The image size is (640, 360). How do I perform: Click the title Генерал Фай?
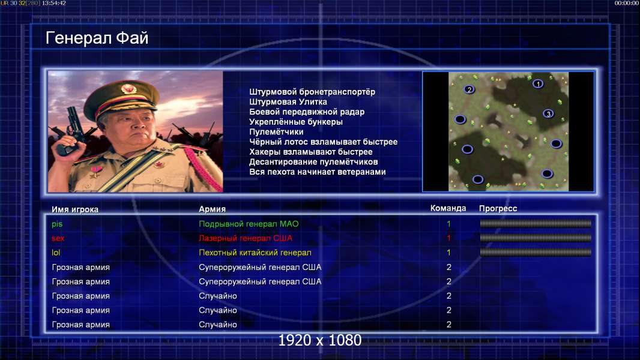click(x=97, y=38)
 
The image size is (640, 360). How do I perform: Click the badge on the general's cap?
click(x=128, y=88)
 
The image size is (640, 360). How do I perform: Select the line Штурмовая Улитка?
click(x=288, y=102)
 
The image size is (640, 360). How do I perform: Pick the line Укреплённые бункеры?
click(x=295, y=122)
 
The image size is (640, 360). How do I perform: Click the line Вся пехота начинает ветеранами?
click(x=317, y=172)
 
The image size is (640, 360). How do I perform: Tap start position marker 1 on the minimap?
click(x=538, y=83)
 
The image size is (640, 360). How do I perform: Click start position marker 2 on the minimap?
click(x=469, y=89)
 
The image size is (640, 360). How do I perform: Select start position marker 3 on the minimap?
click(x=548, y=114)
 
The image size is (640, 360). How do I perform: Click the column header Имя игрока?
click(x=74, y=209)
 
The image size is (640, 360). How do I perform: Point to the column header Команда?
click(x=448, y=208)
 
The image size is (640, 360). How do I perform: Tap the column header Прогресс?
click(x=498, y=208)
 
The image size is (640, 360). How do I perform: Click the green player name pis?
click(x=57, y=224)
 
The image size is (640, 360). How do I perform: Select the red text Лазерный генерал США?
click(x=246, y=238)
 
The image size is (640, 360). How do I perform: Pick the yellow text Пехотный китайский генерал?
click(x=255, y=253)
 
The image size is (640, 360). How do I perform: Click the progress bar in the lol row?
click(x=536, y=253)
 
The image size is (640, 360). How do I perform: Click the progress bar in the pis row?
click(x=536, y=223)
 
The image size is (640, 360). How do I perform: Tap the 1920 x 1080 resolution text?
click(x=319, y=340)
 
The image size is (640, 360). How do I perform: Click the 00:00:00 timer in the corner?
click(x=627, y=3)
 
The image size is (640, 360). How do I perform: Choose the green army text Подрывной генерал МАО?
click(x=249, y=224)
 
